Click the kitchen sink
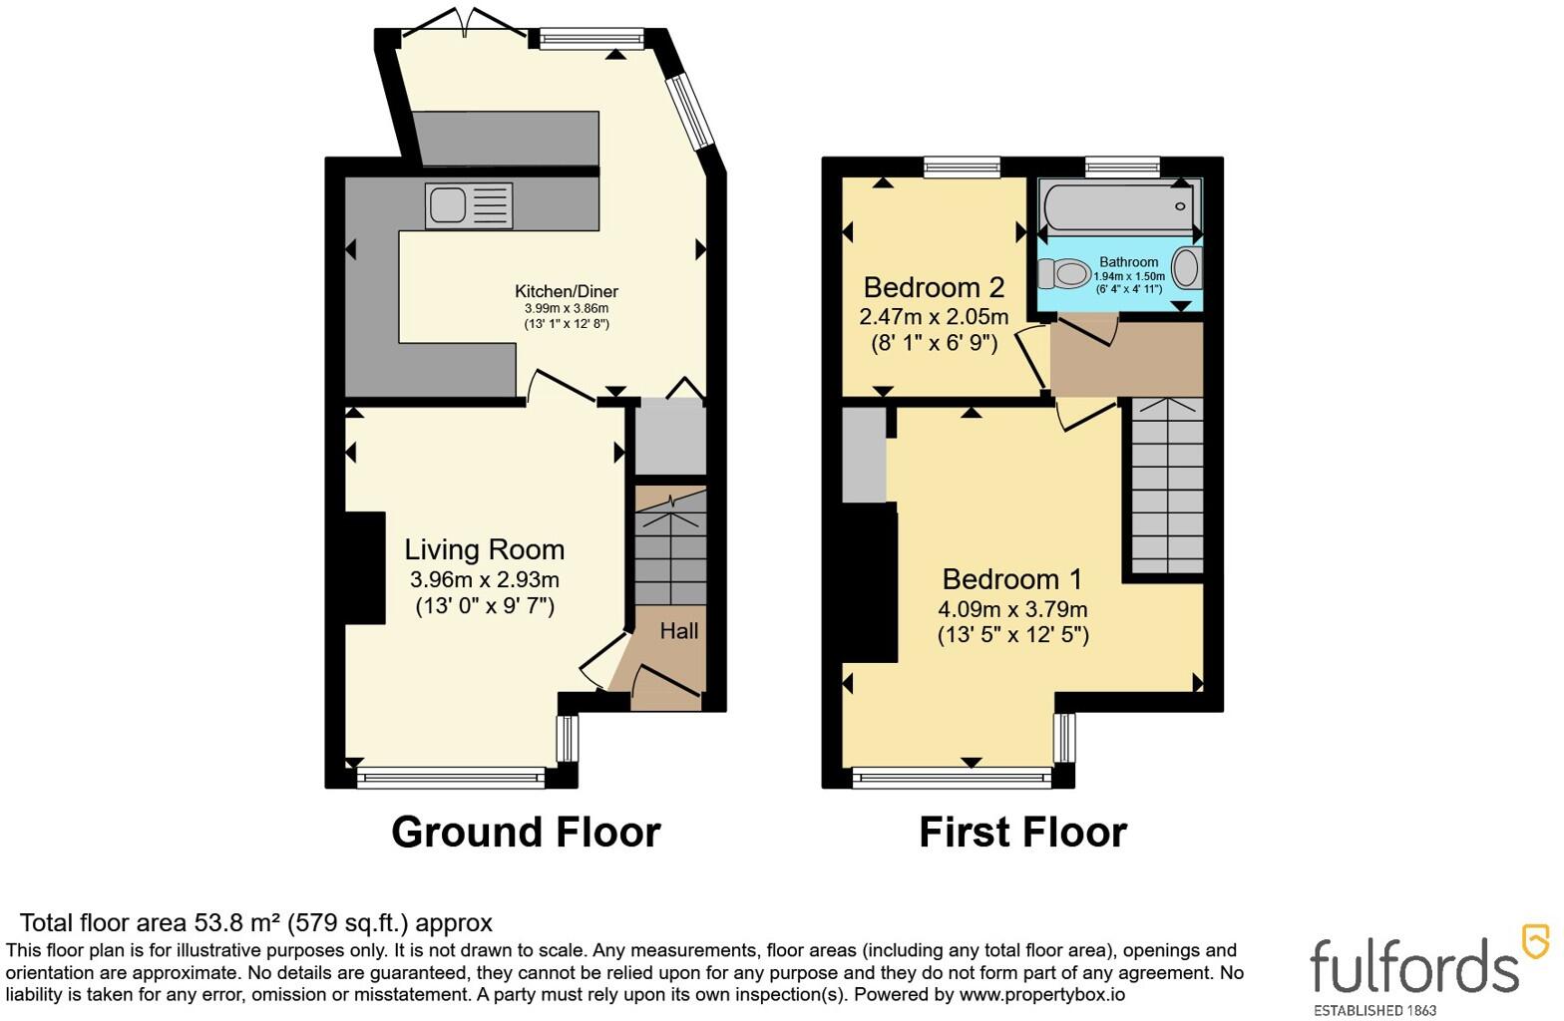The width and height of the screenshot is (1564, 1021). (x=469, y=205)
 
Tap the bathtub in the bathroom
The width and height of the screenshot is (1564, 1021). (x=1118, y=206)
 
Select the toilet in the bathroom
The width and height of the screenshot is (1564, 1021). (x=1063, y=273)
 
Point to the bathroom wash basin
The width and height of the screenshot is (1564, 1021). (x=1186, y=268)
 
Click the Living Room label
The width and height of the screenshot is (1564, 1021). (x=485, y=550)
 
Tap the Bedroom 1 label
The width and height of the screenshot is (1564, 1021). (x=1012, y=579)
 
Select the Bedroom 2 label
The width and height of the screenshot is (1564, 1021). (x=935, y=287)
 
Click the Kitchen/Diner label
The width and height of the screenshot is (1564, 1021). (x=567, y=292)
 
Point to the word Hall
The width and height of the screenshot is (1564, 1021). (x=678, y=631)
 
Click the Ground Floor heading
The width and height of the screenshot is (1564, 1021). (x=526, y=832)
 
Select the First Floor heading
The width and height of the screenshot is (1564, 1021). (x=1023, y=832)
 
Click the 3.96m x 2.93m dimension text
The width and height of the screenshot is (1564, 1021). (x=485, y=580)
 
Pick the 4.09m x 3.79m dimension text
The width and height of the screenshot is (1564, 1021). (x=1012, y=609)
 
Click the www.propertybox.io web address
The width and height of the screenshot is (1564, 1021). (x=1042, y=994)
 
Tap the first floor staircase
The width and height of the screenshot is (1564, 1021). (x=1167, y=486)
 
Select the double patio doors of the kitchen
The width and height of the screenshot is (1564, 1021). (x=466, y=22)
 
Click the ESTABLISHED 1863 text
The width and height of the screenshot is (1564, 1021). (x=1374, y=1011)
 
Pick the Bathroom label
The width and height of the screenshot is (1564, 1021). (x=1128, y=261)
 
